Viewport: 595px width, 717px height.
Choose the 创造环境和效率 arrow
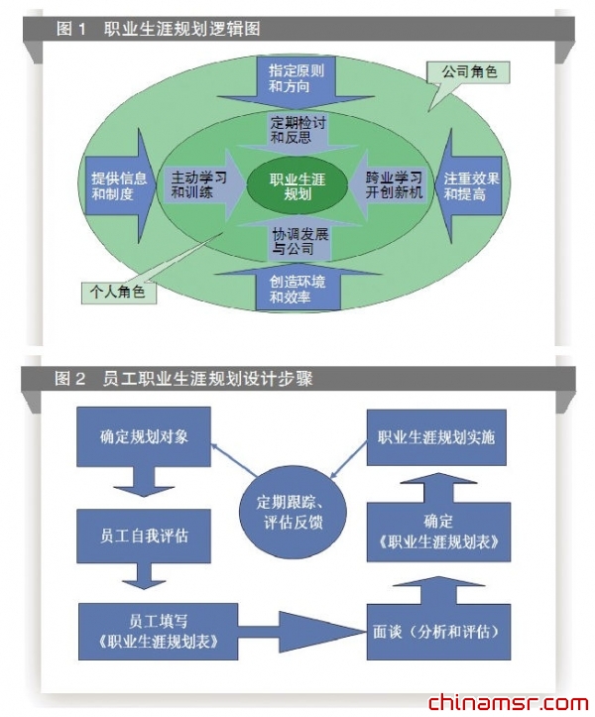[297, 287]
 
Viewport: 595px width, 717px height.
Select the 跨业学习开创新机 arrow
[389, 185]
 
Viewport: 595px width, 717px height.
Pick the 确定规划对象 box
[144, 435]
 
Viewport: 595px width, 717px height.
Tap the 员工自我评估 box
[144, 537]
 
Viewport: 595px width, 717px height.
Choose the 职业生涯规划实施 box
[436, 436]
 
